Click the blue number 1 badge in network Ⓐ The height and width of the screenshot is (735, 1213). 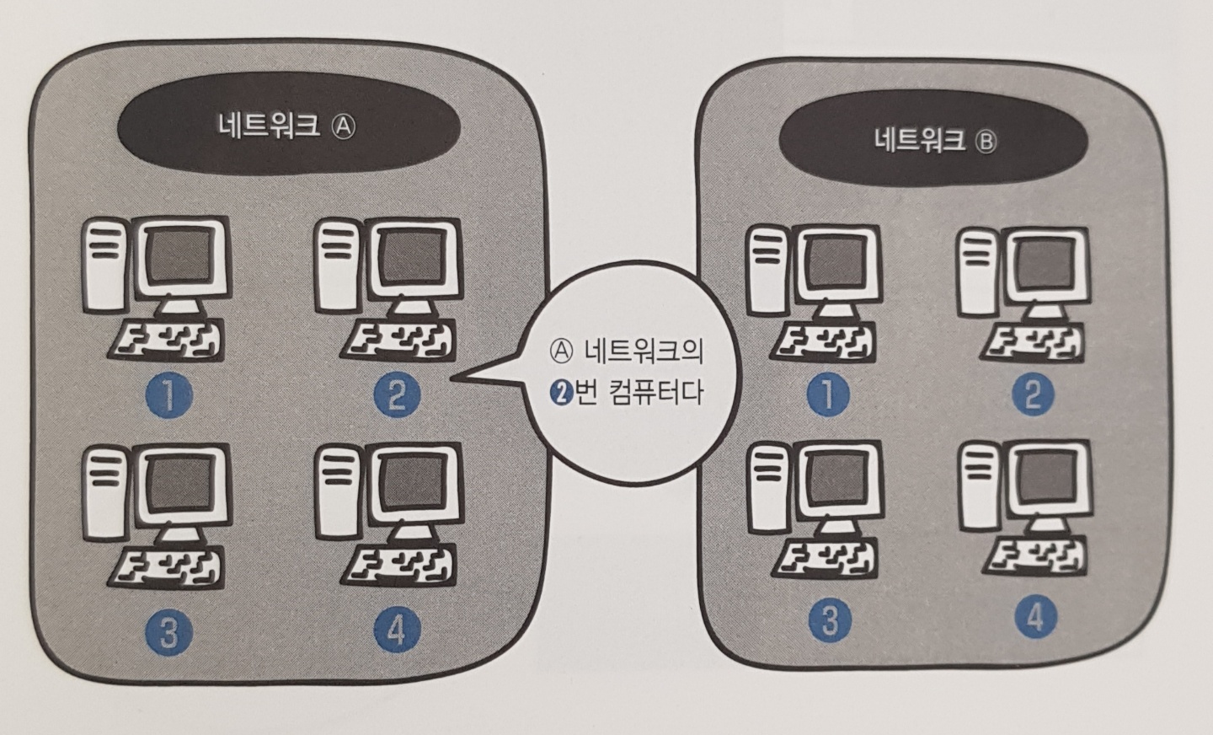(169, 396)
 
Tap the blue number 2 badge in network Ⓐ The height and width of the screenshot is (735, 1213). (396, 394)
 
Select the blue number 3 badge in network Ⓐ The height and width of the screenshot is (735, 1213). (168, 632)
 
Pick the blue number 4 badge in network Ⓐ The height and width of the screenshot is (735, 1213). (396, 630)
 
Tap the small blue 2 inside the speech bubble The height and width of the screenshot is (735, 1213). (559, 393)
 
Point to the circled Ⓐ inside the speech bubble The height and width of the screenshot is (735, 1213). (560, 349)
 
